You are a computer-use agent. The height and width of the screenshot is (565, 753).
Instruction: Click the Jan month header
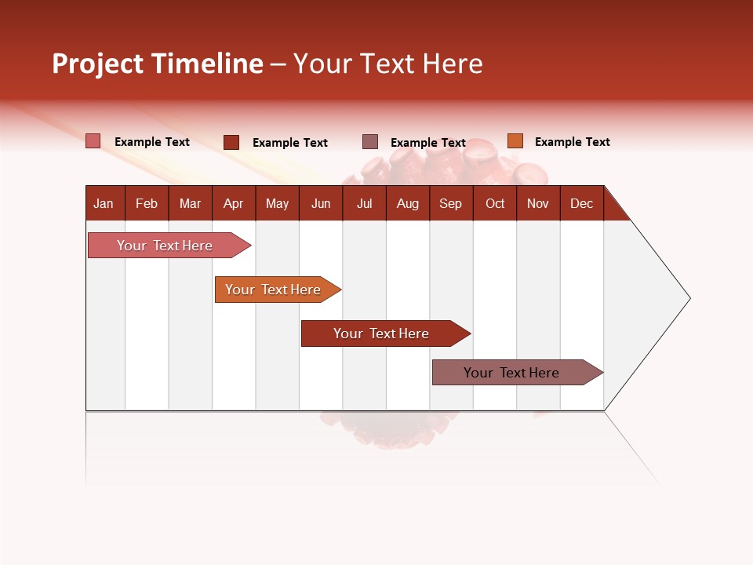[104, 203]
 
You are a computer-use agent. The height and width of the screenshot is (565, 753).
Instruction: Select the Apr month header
[233, 203]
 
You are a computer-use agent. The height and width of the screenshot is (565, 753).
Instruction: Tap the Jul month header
[364, 203]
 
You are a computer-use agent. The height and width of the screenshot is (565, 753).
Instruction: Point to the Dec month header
[581, 203]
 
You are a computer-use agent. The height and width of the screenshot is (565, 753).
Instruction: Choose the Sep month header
[450, 203]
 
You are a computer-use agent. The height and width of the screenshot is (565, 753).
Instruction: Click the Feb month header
[147, 203]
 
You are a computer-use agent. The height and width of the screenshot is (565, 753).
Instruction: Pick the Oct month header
[495, 203]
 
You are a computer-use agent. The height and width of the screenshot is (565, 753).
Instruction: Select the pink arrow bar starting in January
[165, 246]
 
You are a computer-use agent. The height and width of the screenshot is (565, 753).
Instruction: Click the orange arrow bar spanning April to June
[273, 290]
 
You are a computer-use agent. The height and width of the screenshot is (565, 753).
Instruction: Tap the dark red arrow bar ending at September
[381, 334]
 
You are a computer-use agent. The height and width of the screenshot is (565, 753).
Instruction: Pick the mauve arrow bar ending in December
[511, 373]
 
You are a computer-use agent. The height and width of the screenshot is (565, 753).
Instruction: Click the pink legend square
[93, 141]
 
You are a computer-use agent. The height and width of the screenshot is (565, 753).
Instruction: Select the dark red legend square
[231, 142]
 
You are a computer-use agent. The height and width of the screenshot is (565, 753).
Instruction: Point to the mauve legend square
[370, 142]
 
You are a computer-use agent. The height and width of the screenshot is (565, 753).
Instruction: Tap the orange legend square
[515, 141]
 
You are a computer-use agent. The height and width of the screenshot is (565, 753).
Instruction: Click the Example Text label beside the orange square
[572, 142]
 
